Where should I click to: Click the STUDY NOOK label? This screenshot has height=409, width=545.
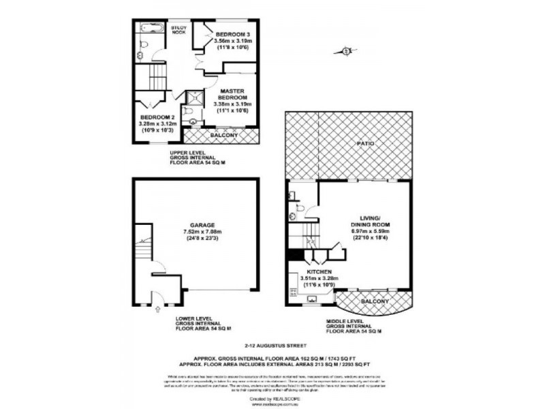tap(180, 29)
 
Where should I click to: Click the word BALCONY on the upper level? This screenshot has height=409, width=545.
tap(224, 136)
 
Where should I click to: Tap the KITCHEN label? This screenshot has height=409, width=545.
tap(317, 271)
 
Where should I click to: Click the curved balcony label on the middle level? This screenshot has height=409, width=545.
tap(375, 301)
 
